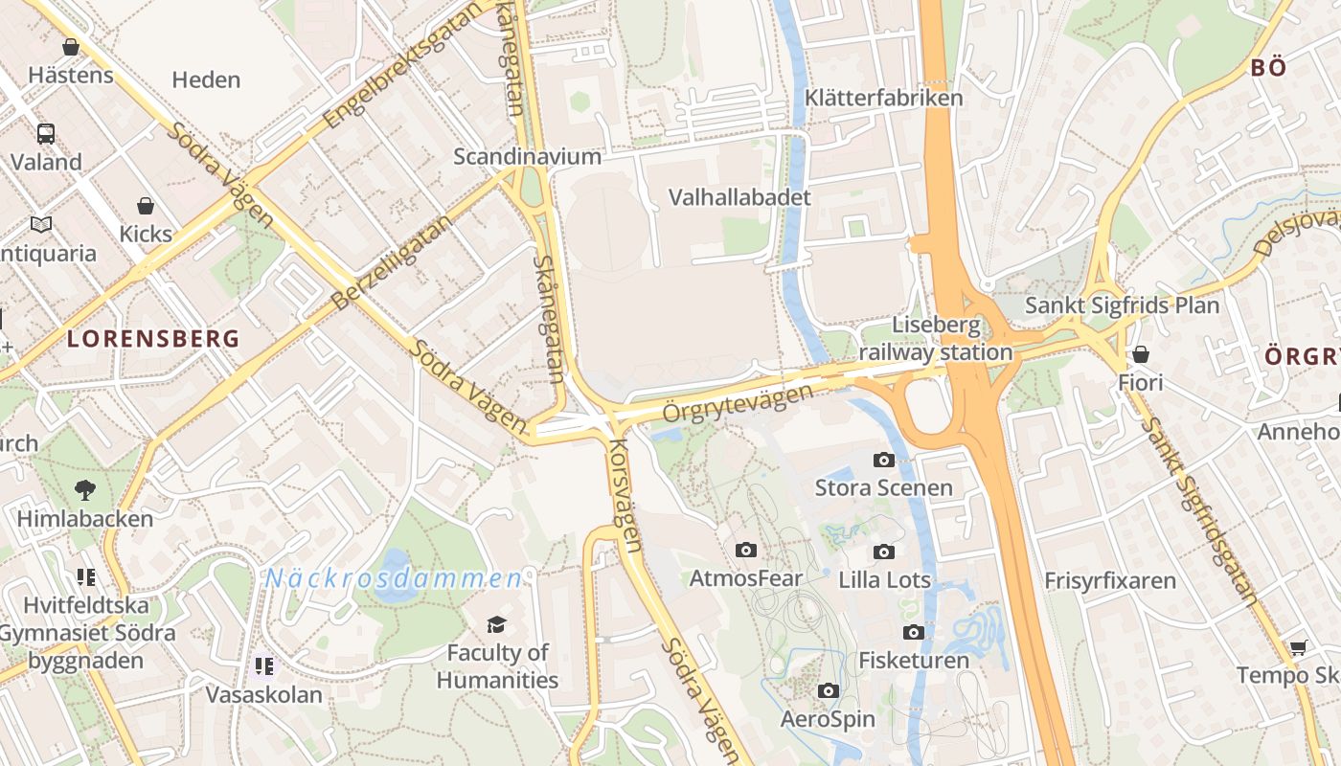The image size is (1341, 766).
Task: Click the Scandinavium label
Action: (527, 156)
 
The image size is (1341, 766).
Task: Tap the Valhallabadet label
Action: (739, 197)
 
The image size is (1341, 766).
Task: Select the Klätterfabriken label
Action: (883, 98)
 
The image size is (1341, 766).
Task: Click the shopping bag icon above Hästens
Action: (70, 46)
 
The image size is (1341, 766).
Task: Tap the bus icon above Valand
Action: (46, 133)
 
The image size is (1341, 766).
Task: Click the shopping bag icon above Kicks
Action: (146, 206)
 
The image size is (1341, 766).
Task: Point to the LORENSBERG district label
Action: (153, 338)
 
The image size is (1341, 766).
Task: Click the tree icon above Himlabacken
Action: (85, 490)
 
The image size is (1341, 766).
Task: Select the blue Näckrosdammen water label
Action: (394, 578)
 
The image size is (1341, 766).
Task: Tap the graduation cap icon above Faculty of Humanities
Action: (496, 625)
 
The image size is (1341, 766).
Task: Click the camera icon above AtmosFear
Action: (746, 550)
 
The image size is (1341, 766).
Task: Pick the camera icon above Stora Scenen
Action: (884, 460)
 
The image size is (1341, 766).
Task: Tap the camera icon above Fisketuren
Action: (914, 632)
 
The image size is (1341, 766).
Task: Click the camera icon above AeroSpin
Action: (829, 690)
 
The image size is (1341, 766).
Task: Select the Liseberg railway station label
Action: (936, 338)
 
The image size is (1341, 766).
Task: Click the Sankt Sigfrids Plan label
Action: (1122, 305)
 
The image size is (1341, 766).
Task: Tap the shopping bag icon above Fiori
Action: (1140, 354)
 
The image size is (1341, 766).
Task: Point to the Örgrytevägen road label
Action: (738, 403)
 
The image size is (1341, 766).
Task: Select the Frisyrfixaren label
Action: (1109, 580)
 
